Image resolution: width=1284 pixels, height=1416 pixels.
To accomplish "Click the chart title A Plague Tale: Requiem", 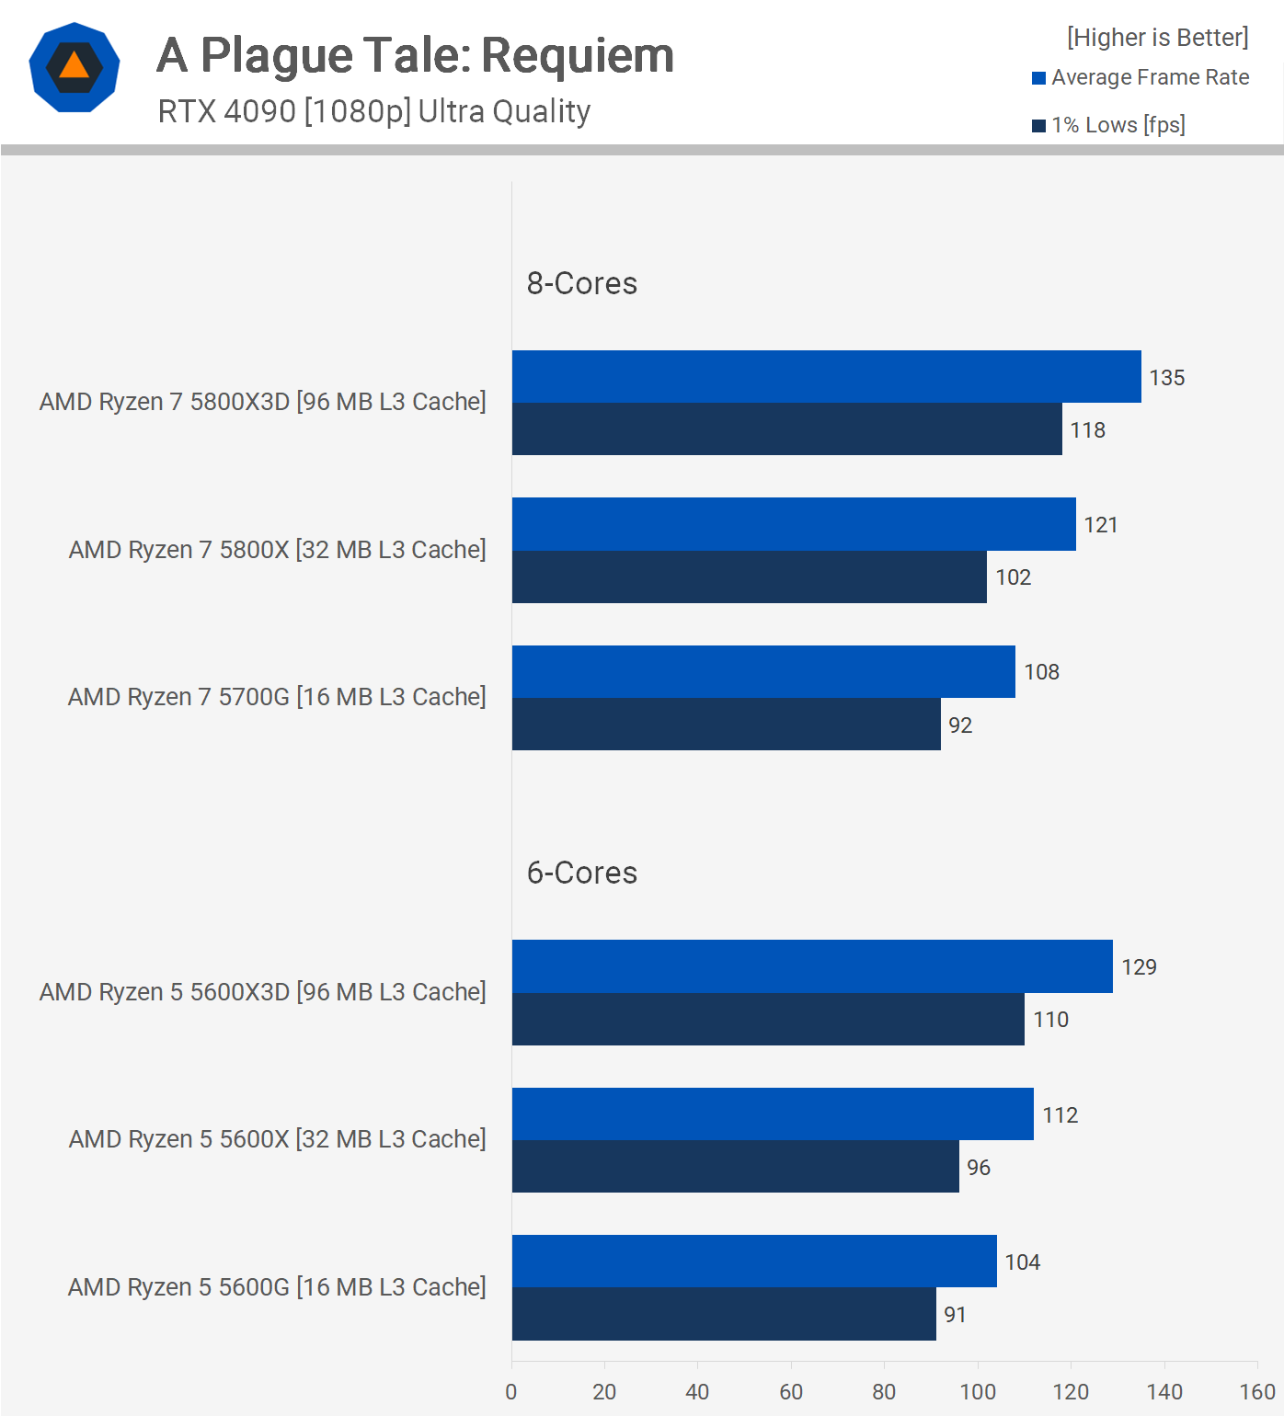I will pyautogui.click(x=415, y=56).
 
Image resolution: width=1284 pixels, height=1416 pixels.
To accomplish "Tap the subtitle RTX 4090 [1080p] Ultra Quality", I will pyautogui.click(x=373, y=111).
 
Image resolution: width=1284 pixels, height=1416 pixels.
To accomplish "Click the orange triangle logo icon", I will pyautogui.click(x=75, y=67).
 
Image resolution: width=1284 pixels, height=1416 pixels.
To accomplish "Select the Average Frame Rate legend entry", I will pyautogui.click(x=1141, y=78).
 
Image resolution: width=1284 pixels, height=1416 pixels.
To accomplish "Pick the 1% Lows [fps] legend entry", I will pyautogui.click(x=1109, y=125).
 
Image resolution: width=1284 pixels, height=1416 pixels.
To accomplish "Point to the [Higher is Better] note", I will pyautogui.click(x=1157, y=38).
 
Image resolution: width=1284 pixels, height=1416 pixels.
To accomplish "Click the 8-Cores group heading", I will pyautogui.click(x=581, y=283).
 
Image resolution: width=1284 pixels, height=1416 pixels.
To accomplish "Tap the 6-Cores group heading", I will pyautogui.click(x=581, y=873).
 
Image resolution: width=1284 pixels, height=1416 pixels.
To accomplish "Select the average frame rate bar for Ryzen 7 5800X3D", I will pyautogui.click(x=826, y=377).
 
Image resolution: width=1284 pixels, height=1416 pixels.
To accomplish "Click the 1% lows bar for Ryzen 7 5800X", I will pyautogui.click(x=749, y=577).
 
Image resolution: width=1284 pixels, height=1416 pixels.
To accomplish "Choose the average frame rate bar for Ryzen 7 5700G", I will pyautogui.click(x=763, y=672).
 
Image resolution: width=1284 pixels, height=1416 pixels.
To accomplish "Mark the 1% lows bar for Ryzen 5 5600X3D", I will pyautogui.click(x=768, y=1020).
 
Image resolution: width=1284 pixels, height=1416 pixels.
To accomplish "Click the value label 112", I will pyautogui.click(x=1060, y=1115).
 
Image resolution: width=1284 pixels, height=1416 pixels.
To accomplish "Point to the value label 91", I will pyautogui.click(x=955, y=1315).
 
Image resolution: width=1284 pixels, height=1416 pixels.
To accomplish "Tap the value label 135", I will pyautogui.click(x=1166, y=378).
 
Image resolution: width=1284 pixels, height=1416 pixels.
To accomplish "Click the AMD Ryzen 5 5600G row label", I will pyautogui.click(x=276, y=1287).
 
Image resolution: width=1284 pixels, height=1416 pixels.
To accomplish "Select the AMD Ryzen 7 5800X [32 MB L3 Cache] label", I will pyautogui.click(x=277, y=550).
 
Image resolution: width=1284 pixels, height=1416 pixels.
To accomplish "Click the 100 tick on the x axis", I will pyautogui.click(x=978, y=1392).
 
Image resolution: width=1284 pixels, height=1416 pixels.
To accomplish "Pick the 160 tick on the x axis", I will pyautogui.click(x=1256, y=1392).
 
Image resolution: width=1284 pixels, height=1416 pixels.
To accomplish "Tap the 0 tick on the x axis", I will pyautogui.click(x=511, y=1392).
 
